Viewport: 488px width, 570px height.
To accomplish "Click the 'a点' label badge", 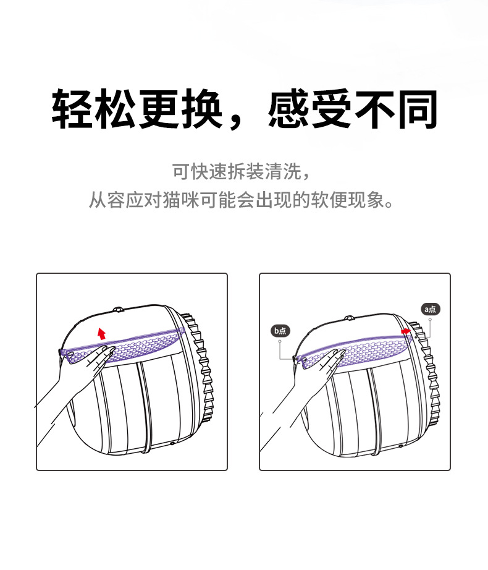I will click(x=431, y=308).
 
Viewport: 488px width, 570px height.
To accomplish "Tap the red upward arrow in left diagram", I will click(x=102, y=333).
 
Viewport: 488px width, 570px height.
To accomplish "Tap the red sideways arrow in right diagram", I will click(x=406, y=332).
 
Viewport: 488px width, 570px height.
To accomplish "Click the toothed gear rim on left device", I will click(x=204, y=371).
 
